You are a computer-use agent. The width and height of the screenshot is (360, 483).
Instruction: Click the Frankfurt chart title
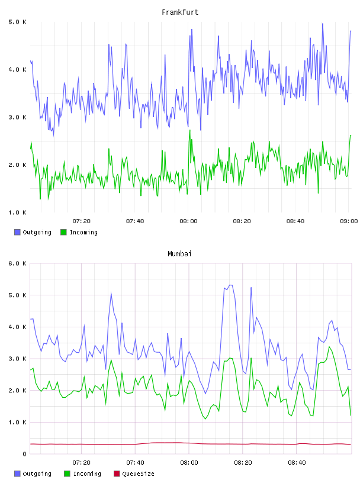tap(180, 12)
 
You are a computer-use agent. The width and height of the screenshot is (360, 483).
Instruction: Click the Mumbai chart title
tap(179, 254)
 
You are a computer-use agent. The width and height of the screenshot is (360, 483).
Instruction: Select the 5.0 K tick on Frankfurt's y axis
tap(17, 22)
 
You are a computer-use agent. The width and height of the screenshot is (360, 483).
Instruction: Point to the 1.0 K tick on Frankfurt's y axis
tap(17, 212)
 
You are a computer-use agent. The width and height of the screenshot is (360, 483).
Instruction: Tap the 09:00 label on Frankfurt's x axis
tap(349, 221)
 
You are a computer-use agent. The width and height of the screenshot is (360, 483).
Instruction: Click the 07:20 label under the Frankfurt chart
tap(81, 221)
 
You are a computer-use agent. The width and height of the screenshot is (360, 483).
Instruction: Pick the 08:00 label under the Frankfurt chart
tap(188, 221)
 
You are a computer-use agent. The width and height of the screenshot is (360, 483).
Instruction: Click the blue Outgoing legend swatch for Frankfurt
tap(17, 232)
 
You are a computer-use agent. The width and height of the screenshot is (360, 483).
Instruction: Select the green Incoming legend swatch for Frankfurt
tap(63, 232)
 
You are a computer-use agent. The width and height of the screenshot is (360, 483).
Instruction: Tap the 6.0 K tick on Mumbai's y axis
tap(17, 263)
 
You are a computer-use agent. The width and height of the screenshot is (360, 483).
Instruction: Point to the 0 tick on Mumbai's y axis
tap(25, 454)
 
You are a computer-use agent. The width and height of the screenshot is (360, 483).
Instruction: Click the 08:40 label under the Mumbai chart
tap(297, 462)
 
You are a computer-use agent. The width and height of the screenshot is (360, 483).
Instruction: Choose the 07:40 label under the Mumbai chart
tap(135, 462)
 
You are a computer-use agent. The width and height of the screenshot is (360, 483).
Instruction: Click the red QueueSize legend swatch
tap(117, 474)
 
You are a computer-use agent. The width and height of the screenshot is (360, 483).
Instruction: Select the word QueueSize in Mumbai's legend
tap(138, 474)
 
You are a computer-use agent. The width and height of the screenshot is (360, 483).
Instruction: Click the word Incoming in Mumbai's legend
tap(87, 474)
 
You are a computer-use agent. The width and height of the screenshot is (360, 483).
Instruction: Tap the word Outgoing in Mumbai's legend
tap(37, 474)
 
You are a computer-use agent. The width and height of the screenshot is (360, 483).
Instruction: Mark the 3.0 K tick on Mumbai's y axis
tap(17, 359)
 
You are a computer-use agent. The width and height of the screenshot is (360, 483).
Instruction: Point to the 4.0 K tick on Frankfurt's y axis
tap(17, 70)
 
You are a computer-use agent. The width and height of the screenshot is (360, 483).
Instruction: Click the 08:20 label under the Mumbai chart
tap(243, 462)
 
